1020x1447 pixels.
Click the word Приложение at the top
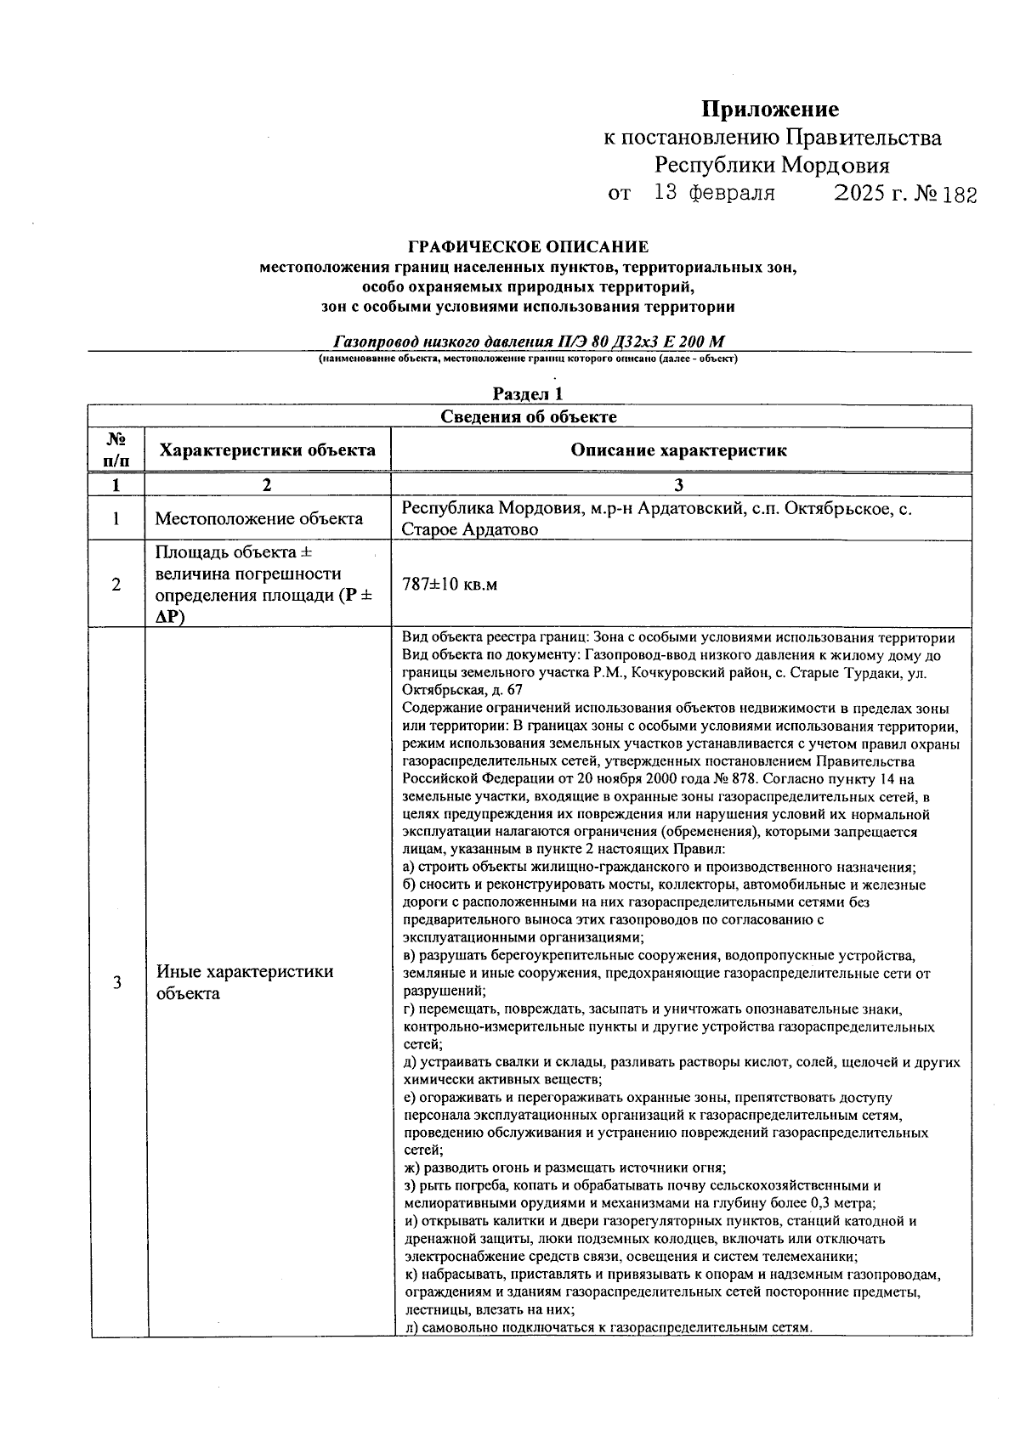(769, 110)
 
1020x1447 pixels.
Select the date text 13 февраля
(714, 193)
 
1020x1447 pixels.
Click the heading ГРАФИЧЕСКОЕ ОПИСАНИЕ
(528, 247)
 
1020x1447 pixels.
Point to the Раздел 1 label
(528, 393)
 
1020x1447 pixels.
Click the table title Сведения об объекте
(528, 416)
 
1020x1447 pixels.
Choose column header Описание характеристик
(678, 450)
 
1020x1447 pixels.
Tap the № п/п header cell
(116, 450)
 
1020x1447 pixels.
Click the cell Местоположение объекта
(258, 518)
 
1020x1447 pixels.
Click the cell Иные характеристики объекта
(245, 982)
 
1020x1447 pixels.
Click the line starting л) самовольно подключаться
(609, 1327)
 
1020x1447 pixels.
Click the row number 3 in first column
(116, 982)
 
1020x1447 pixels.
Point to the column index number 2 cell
(267, 485)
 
